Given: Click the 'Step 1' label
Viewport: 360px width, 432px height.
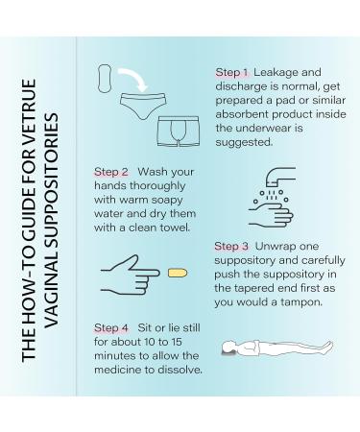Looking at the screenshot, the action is [231, 72].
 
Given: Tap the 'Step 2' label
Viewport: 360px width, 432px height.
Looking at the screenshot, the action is [111, 172].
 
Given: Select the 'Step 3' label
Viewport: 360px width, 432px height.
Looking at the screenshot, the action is [231, 246].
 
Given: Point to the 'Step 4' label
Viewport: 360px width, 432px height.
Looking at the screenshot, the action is [111, 328].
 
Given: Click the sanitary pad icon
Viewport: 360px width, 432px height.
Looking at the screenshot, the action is [105, 79].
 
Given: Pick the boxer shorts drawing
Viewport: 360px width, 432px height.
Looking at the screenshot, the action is [179, 132].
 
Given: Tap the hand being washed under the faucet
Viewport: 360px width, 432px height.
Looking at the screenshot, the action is [271, 215].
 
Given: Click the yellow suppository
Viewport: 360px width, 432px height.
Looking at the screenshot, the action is [178, 273].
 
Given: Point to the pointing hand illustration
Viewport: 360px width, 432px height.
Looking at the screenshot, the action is [130, 275].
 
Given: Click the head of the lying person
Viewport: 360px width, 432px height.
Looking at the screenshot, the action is [230, 348].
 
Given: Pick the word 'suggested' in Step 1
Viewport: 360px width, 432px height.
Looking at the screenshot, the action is [244, 142].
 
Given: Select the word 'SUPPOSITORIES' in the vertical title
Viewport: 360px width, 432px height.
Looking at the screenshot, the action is [51, 173].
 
